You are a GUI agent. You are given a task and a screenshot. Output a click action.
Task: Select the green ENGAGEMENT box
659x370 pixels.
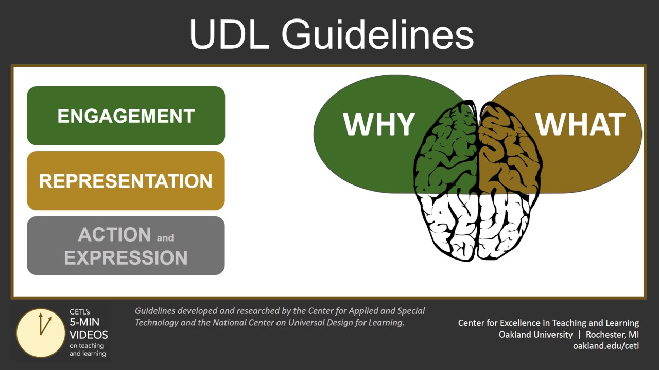pyautogui.click(x=126, y=116)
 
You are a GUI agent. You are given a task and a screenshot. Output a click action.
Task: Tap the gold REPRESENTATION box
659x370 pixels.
pyautogui.click(x=126, y=181)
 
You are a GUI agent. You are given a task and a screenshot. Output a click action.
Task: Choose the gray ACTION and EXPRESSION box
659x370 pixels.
pyautogui.click(x=126, y=246)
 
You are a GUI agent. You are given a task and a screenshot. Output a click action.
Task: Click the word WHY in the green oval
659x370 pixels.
pyautogui.click(x=379, y=124)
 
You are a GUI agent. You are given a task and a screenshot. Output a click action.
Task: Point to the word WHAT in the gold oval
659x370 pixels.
pyautogui.click(x=581, y=124)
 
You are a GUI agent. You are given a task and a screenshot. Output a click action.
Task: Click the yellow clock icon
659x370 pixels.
pyautogui.click(x=41, y=332)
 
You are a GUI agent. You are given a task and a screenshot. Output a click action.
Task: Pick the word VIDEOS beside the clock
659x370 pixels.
pyautogui.click(x=89, y=335)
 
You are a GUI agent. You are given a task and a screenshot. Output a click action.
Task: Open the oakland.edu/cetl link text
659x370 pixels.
pyautogui.click(x=605, y=346)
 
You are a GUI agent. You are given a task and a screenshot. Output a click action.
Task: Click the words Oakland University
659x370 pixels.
pyautogui.click(x=535, y=335)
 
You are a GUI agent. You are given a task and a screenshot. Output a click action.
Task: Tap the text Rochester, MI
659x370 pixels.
pyautogui.click(x=612, y=335)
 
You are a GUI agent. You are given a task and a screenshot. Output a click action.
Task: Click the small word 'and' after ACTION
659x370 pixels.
pyautogui.click(x=165, y=238)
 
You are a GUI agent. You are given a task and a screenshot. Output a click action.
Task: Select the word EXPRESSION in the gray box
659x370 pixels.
pyautogui.click(x=126, y=257)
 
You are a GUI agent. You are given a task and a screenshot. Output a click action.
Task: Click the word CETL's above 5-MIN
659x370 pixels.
pyautogui.click(x=80, y=311)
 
